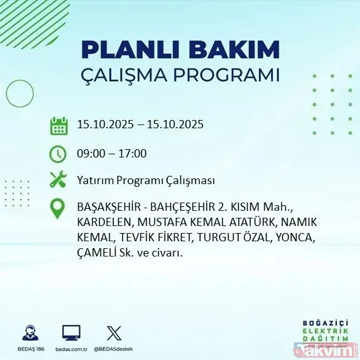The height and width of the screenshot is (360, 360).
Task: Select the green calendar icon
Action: click(58, 125)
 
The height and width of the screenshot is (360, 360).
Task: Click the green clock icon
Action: click(58, 153)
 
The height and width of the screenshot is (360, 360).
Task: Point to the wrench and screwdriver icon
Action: click(58, 180)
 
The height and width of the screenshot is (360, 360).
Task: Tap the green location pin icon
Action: click(58, 209)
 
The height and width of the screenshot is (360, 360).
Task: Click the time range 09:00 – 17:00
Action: click(111, 153)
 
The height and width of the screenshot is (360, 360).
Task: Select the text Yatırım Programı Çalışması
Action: click(145, 181)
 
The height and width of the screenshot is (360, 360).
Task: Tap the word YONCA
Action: click(294, 238)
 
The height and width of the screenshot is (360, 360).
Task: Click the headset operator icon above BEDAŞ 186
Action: click(30, 333)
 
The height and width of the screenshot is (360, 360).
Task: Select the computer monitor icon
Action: click(71, 333)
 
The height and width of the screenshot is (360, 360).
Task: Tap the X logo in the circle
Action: click(113, 333)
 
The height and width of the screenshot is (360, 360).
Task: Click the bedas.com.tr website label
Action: click(71, 349)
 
